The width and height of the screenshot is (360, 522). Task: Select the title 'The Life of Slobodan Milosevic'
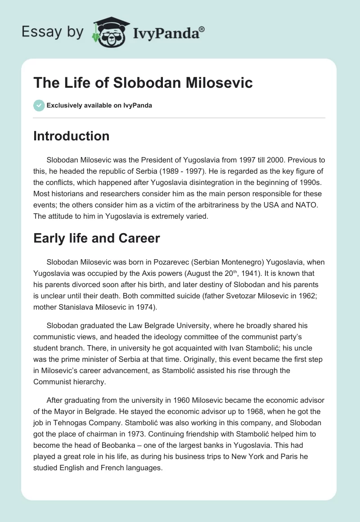pyautogui.click(x=143, y=83)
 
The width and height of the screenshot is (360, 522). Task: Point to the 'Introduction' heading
pyautogui.click(x=71, y=136)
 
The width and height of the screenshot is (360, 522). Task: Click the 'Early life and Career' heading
pyautogui.click(x=96, y=238)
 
